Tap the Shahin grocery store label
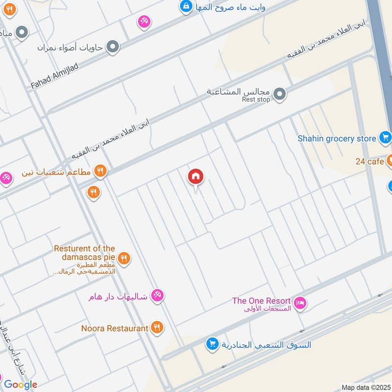[x=337, y=139]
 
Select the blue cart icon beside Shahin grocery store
[x=385, y=138]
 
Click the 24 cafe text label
[x=369, y=161]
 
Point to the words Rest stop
[x=256, y=99]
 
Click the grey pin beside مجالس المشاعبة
[x=279, y=94]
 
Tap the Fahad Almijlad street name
[x=54, y=76]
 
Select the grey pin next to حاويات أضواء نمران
[x=113, y=47]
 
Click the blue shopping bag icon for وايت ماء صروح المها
[x=186, y=7]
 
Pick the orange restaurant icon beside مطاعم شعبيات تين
[x=100, y=171]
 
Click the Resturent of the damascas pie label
[x=85, y=252]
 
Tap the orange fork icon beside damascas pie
[x=124, y=258]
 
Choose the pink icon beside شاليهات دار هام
[x=157, y=295]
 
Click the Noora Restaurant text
[x=115, y=328]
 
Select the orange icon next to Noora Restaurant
[x=157, y=328]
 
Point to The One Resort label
[x=262, y=301]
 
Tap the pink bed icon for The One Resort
[x=301, y=303]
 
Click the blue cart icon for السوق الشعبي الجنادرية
[x=212, y=344]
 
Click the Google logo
[x=21, y=385]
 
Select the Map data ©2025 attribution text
[x=365, y=388]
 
